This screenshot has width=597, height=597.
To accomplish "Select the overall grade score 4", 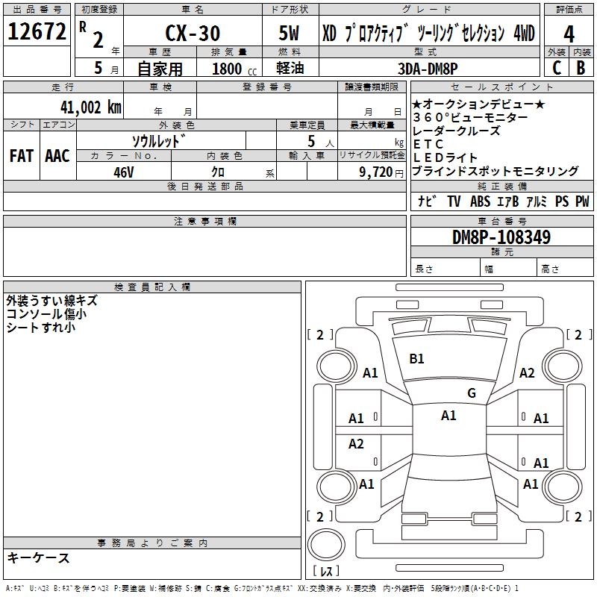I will pyautogui.click(x=569, y=34).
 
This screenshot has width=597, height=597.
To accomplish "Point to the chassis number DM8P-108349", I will pyautogui.click(x=501, y=237).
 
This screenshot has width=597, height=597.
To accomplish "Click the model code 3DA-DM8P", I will pyautogui.click(x=432, y=68).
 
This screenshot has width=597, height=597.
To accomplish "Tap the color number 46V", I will pyautogui.click(x=123, y=171).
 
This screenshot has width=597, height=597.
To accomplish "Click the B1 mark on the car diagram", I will pyautogui.click(x=416, y=359).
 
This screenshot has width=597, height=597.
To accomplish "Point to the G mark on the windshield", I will pyautogui.click(x=471, y=393).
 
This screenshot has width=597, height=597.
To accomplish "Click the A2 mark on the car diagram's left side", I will pyautogui.click(x=356, y=444).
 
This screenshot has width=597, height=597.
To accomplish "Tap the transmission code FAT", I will pyautogui.click(x=21, y=155).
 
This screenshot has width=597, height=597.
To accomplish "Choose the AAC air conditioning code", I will pyautogui.click(x=57, y=155).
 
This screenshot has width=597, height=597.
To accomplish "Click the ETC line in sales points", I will pyautogui.click(x=428, y=144).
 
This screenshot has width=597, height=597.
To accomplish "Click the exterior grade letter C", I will pyautogui.click(x=557, y=67).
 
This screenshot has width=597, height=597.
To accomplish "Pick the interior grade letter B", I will pyautogui.click(x=581, y=67).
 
